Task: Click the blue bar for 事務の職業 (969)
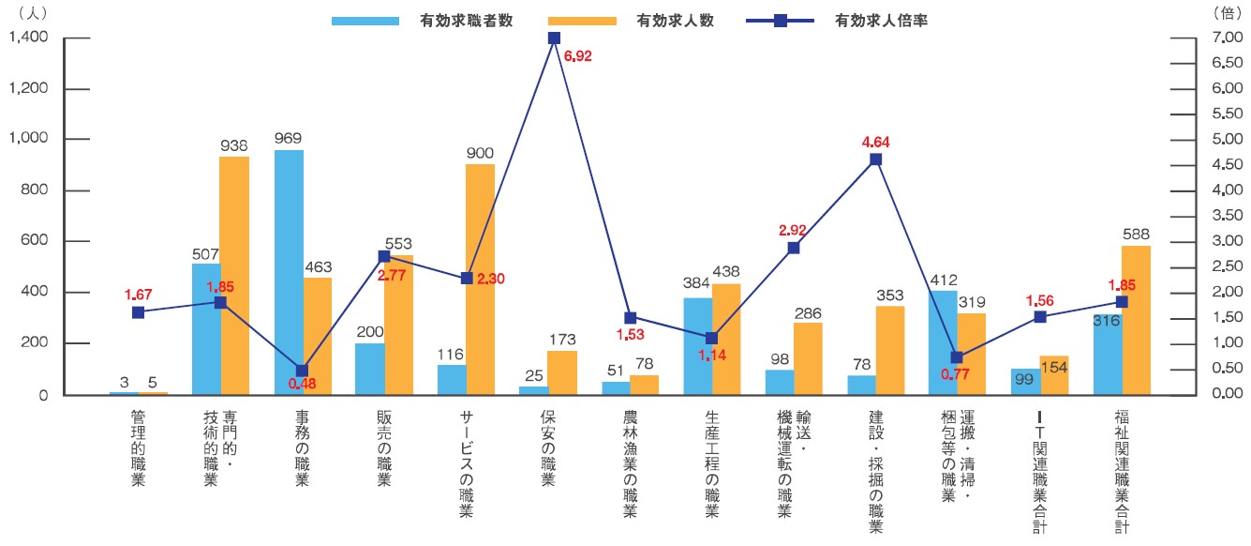(289, 272)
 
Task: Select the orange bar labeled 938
(234, 276)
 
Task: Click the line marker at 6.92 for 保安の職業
(554, 38)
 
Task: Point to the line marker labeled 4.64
(875, 159)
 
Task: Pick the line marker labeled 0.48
(302, 371)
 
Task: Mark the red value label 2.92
(793, 229)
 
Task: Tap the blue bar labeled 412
(943, 342)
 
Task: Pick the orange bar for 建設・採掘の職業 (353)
(889, 350)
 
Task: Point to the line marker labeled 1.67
(138, 312)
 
